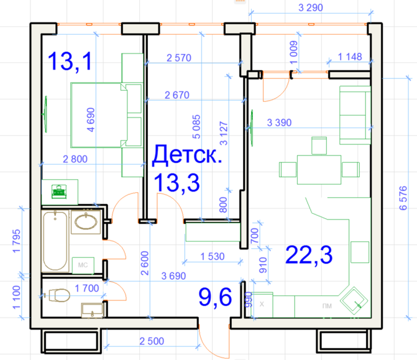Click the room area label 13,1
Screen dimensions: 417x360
[x=70, y=61]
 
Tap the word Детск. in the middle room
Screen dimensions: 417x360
[x=187, y=155]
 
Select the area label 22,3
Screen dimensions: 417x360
[x=309, y=255]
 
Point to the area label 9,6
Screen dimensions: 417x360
[x=216, y=297]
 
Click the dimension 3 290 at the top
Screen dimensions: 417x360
[x=311, y=8]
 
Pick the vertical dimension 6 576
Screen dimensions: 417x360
[x=403, y=198]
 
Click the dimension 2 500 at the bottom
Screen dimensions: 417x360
[x=152, y=341]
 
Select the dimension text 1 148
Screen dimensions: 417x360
[x=350, y=57]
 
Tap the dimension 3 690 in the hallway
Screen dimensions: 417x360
[x=173, y=276]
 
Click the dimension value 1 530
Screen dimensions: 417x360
[x=212, y=256]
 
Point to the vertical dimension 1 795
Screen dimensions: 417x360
[x=16, y=241]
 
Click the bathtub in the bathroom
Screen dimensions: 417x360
[x=55, y=241]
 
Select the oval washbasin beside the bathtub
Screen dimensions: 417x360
[x=86, y=222]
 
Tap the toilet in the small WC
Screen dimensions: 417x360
[x=60, y=295]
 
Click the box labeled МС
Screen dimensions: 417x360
[x=83, y=265]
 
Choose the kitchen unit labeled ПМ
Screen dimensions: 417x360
[x=327, y=306]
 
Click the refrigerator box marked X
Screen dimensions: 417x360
[x=262, y=304]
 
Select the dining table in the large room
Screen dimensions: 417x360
[x=319, y=170]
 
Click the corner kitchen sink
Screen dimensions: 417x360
[x=354, y=300]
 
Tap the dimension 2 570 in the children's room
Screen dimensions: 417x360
[x=179, y=58]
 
